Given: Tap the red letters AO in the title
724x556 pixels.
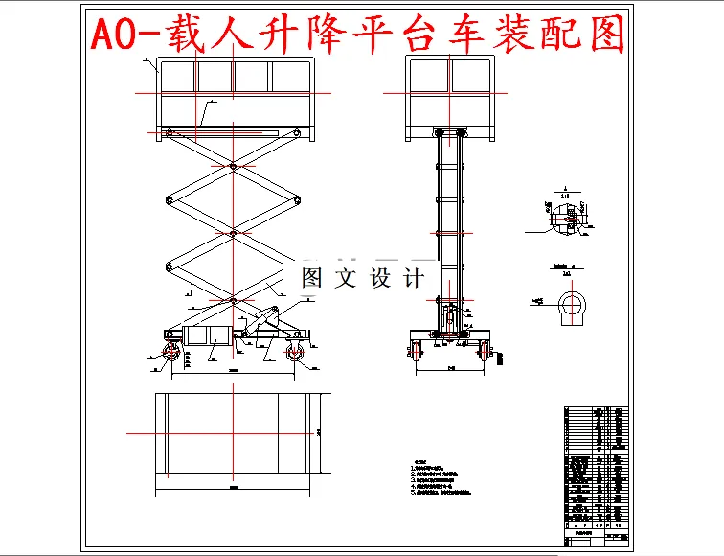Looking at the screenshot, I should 119,35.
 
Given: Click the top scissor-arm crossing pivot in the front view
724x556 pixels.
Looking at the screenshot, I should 233,167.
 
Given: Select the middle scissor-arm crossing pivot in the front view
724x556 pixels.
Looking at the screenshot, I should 233,233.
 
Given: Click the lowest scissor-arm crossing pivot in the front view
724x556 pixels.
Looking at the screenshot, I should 233,300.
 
